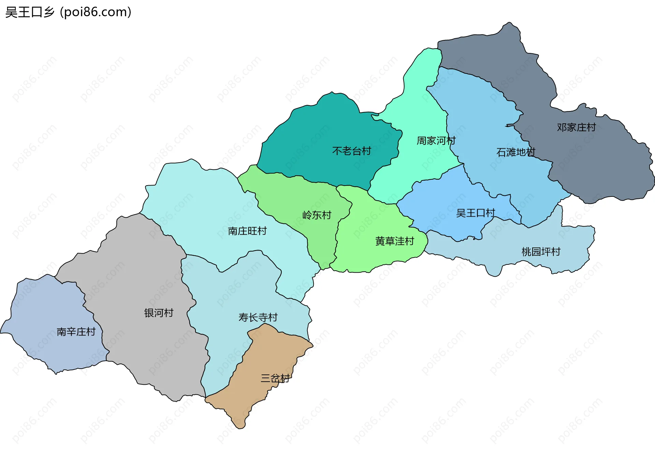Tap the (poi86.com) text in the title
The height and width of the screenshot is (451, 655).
click(96, 12)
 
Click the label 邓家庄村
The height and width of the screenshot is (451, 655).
click(576, 127)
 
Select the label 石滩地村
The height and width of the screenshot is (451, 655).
click(515, 152)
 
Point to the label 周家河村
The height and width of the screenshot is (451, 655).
click(436, 141)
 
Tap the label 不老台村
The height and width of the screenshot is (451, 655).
click(351, 151)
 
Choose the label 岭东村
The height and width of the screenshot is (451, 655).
click(317, 215)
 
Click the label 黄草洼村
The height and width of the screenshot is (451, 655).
click(394, 241)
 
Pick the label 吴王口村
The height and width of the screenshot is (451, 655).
click(475, 213)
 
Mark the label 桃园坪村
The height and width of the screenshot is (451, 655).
click(541, 252)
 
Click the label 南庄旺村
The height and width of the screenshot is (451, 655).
click(247, 231)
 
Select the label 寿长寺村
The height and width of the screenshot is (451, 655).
click(258, 318)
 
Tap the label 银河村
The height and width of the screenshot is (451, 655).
click(159, 313)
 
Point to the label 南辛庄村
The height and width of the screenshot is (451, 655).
click(76, 332)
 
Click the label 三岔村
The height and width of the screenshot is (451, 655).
click(275, 378)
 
